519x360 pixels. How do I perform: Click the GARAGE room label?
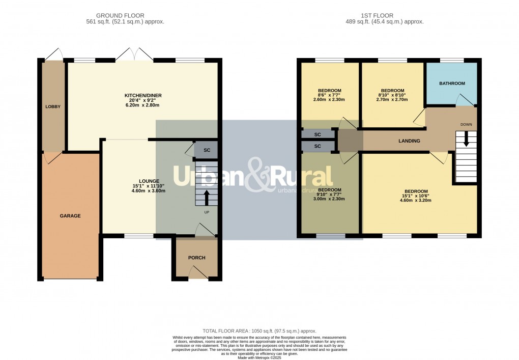pos(70,216)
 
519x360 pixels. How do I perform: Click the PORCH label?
pos(196,258)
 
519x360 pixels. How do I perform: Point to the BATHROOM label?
pos(452,84)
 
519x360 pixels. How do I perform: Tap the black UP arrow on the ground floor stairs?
pos(207,197)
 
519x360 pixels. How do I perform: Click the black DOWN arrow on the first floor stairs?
pos(466,142)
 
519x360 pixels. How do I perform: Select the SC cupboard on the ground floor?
pos(207,151)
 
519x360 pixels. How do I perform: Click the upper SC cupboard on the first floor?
pos(318,134)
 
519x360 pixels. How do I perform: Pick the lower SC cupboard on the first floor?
pos(318,146)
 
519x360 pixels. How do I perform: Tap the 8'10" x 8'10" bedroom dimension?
pos(392,95)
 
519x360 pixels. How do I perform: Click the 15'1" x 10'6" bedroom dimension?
pos(420,196)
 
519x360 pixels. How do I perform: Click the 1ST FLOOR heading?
pos(384,16)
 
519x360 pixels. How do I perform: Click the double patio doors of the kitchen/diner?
pos(134,56)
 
